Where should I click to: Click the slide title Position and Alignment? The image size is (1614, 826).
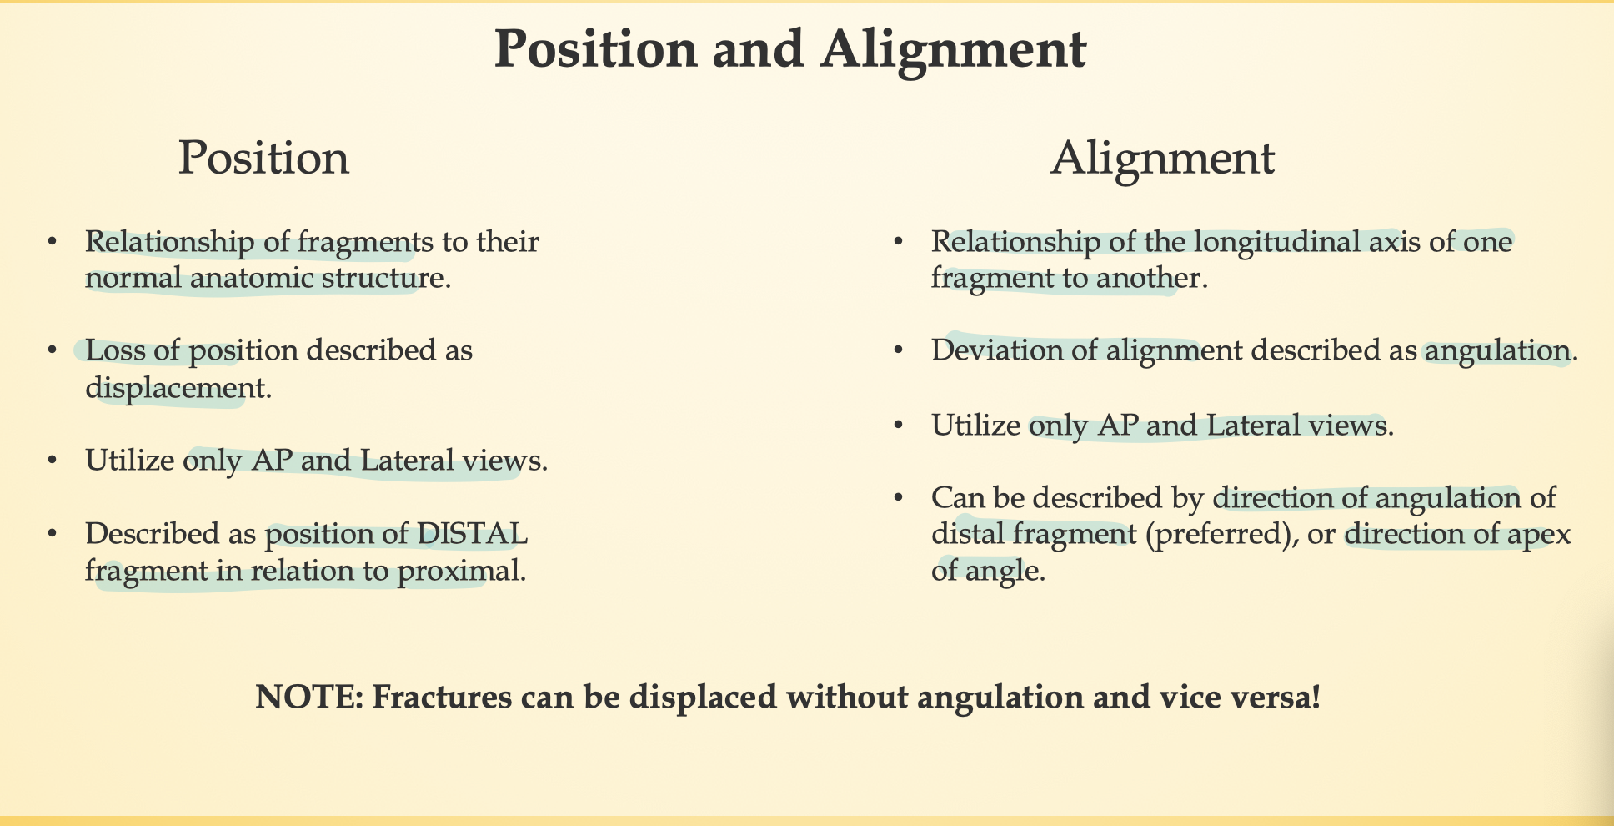(790, 49)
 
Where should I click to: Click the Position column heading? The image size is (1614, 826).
(263, 157)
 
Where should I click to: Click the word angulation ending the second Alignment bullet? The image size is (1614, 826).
(1497, 350)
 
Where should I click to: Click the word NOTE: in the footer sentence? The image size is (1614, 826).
(308, 697)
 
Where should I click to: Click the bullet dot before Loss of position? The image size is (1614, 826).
(53, 350)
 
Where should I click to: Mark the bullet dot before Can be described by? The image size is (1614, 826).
(899, 497)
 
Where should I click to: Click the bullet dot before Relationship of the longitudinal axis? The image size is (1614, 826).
(899, 242)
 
